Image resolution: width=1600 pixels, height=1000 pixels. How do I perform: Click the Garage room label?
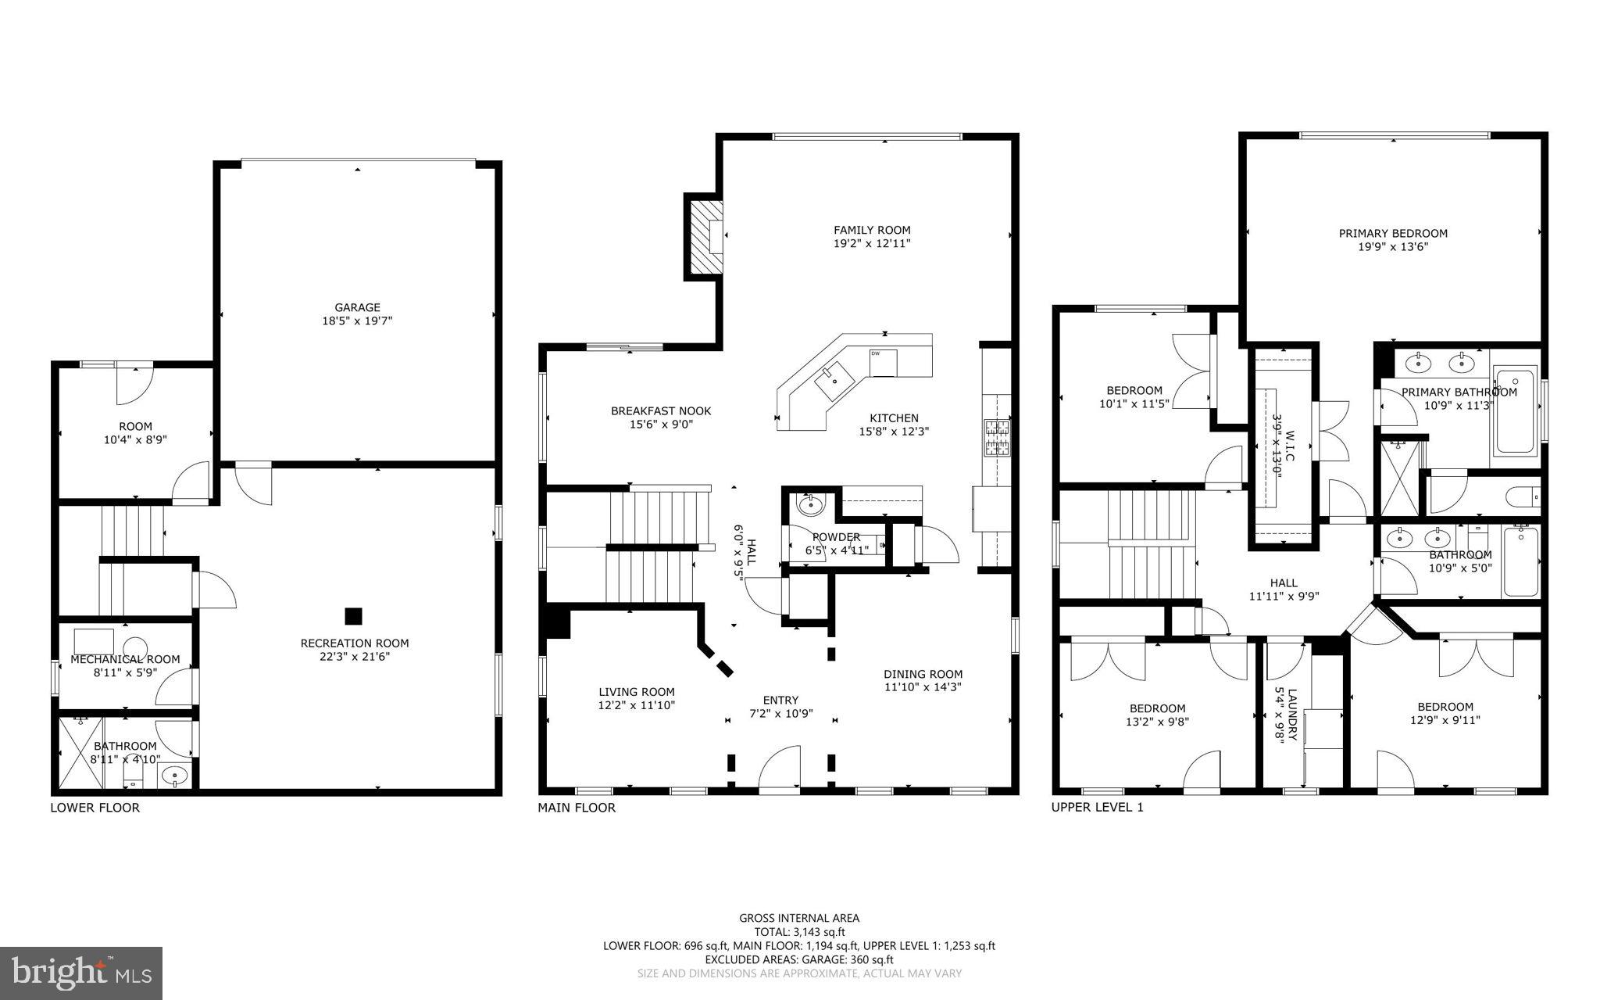pos(358,307)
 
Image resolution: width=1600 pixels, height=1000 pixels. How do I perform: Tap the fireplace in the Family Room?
pos(704,236)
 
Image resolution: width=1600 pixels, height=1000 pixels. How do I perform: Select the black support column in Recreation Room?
pos(353,616)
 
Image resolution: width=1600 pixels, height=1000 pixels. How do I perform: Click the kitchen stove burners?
pos(996,438)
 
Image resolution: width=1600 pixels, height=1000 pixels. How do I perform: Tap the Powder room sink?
pos(809,505)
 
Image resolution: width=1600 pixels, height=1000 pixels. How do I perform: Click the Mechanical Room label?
pos(125,659)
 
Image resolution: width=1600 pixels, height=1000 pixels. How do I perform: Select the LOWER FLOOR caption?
pos(95,808)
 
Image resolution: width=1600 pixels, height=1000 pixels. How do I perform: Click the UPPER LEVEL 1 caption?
pos(1097,808)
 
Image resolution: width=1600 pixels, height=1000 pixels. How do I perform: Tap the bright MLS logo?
pos(81,973)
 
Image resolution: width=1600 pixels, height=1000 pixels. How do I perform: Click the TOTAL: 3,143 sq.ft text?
pos(799,932)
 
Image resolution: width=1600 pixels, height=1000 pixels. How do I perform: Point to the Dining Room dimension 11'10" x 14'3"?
pos(923,687)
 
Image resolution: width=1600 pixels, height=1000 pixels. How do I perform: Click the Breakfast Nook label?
pos(661,410)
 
